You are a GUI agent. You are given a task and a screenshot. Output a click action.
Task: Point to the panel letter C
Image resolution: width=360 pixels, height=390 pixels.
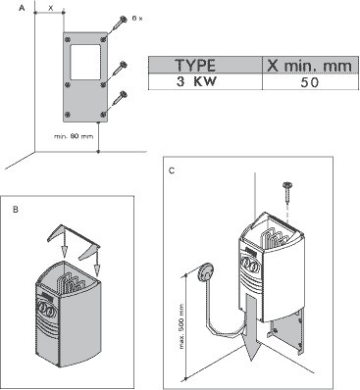(x=174, y=173)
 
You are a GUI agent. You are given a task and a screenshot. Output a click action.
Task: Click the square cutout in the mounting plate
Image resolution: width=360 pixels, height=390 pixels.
(x=83, y=60)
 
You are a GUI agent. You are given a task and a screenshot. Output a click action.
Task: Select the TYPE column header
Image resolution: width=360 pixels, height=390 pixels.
(x=201, y=66)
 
